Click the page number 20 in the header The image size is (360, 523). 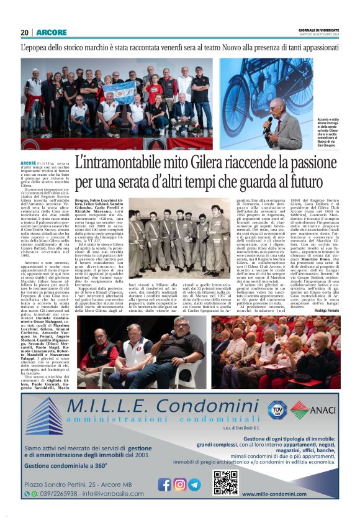coord(25,32)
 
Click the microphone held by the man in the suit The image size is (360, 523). coord(268,122)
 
